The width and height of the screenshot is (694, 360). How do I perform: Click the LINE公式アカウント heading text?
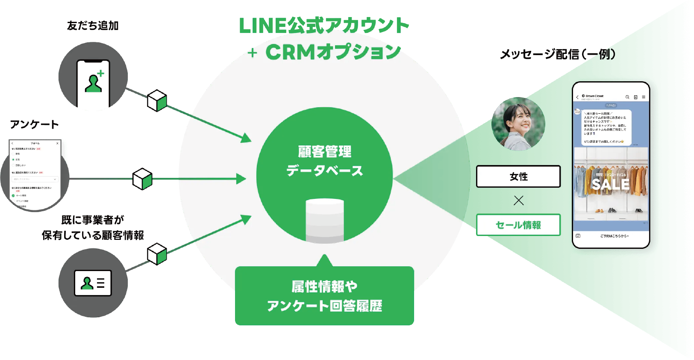324,26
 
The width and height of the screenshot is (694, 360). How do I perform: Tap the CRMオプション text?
333,53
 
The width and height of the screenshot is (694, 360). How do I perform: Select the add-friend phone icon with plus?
93,83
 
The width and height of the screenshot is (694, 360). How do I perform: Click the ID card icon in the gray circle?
93,283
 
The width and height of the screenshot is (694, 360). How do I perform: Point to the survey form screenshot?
35,174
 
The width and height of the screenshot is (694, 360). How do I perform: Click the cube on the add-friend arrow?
157,100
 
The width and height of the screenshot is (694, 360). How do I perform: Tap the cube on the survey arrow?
142,179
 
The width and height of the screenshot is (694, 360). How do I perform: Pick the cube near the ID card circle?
157,254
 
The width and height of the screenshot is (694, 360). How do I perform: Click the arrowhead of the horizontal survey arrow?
242,179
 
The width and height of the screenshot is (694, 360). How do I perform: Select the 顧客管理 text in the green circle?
325,151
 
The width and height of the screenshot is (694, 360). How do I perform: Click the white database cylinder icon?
325,221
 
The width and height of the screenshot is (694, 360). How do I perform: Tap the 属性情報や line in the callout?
324,286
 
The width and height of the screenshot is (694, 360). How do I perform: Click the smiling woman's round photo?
518,124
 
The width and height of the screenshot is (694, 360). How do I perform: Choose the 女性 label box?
518,177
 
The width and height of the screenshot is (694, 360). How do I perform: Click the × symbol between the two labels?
518,201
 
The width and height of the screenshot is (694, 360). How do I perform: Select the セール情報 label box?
518,225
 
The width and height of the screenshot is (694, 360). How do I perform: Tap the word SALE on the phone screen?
611,185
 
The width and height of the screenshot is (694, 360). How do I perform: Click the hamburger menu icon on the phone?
644,97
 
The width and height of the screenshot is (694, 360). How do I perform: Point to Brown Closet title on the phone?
594,96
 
